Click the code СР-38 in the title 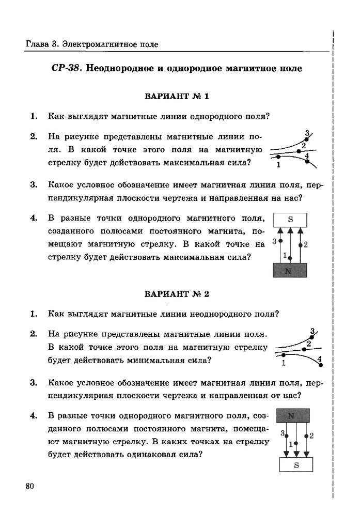click(65, 68)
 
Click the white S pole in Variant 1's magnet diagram click(290, 220)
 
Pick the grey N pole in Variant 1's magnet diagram click(290, 270)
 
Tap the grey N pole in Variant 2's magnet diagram click(293, 415)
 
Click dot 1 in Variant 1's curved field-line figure click(279, 156)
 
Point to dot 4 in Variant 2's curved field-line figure click(321, 365)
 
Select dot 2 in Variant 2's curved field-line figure click(304, 350)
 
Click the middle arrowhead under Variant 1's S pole click(290, 231)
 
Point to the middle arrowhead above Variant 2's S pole click(296, 454)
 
